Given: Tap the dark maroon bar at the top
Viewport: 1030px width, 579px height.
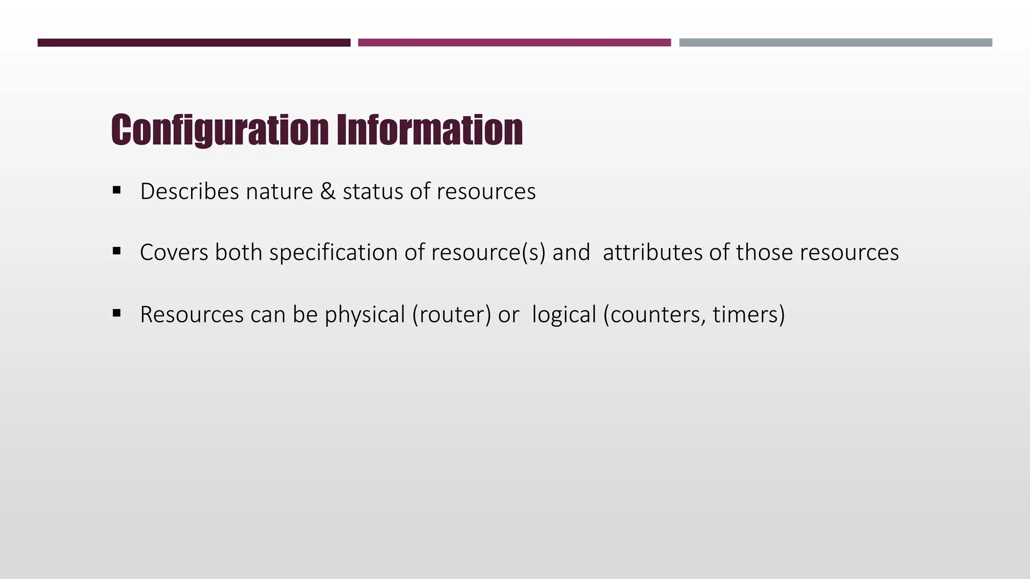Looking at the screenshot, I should click(194, 43).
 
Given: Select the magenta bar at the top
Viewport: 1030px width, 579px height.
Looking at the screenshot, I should click(514, 43).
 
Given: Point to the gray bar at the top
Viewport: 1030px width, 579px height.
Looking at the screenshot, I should click(835, 43).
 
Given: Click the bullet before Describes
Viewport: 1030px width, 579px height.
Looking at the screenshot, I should click(117, 190).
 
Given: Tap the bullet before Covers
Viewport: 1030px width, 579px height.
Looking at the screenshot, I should click(117, 251).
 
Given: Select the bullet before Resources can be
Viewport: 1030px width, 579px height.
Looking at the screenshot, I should click(117, 313).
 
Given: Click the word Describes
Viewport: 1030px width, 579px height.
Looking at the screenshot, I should click(190, 191).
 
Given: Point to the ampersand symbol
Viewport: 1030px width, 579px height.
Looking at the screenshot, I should click(327, 191).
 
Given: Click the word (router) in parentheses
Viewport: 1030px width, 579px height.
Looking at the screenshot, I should click(451, 315).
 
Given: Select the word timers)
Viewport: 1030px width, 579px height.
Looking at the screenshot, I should click(748, 315).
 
